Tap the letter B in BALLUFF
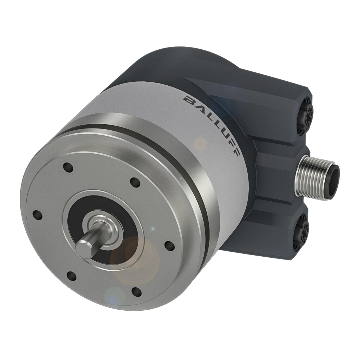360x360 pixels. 188,100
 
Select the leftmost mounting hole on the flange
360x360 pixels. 37,215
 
